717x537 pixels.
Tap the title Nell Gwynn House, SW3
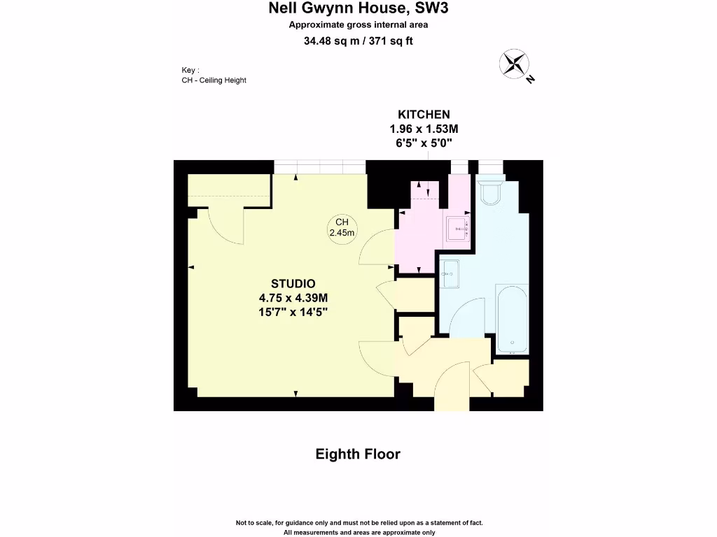tap(358, 8)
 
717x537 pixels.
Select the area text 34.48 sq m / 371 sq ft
tap(358, 41)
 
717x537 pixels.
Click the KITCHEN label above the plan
tap(424, 115)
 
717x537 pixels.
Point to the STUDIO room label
tap(293, 283)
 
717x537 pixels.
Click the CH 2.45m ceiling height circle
tap(342, 228)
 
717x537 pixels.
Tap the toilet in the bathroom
tap(489, 191)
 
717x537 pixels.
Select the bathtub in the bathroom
tap(512, 318)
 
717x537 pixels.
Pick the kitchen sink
tap(459, 229)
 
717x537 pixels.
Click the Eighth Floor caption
tap(358, 454)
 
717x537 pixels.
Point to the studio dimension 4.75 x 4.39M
tap(293, 297)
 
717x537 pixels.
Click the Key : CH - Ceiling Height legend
tap(214, 75)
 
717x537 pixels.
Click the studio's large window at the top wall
tap(319, 167)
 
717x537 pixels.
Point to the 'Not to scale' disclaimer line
tap(358, 523)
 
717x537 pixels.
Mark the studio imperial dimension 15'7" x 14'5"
tap(293, 312)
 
